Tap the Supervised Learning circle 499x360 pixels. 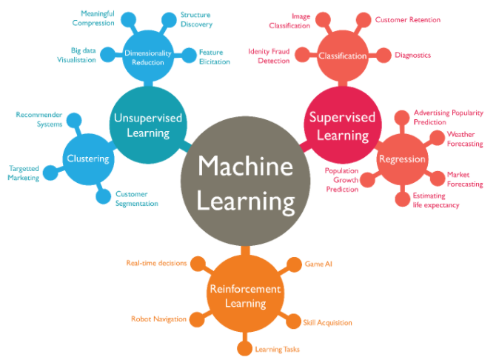tap(341, 126)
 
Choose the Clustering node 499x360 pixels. tap(87, 159)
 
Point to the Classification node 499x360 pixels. tap(342, 56)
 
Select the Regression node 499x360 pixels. tap(402, 159)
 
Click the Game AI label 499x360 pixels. tap(319, 263)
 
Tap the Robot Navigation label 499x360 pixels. tap(156, 319)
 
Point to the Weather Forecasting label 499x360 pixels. tap(465, 139)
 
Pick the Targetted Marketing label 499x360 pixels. tap(23, 173)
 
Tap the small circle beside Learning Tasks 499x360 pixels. tap(244, 349)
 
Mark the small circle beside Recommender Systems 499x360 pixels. tap(73, 119)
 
